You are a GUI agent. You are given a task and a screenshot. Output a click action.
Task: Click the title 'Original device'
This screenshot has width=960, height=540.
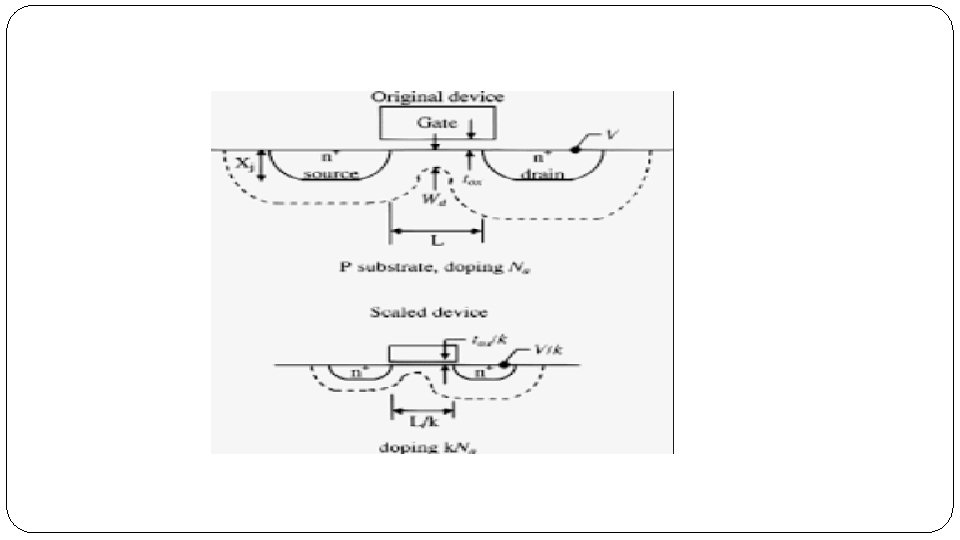[438, 97]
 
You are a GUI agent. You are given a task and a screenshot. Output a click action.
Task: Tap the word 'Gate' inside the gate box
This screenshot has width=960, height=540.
[437, 122]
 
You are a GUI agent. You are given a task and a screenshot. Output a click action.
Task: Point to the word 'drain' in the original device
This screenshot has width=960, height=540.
[541, 173]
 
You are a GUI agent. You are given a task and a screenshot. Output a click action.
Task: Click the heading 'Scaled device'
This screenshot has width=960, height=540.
[429, 312]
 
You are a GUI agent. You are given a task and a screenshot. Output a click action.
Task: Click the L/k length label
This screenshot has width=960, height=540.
[423, 421]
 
